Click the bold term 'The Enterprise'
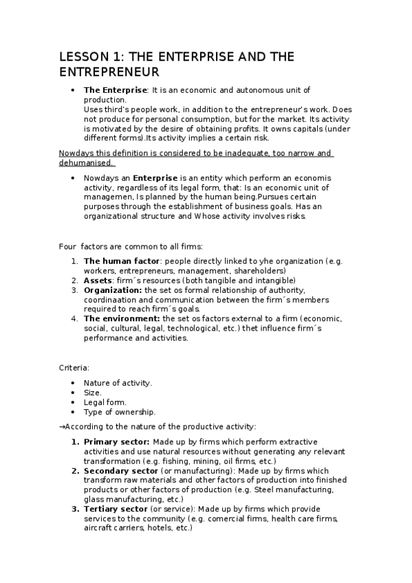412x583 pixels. tap(115, 90)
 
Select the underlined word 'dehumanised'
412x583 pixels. tap(87, 162)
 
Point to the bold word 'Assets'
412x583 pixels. tap(98, 280)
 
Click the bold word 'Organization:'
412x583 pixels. tap(113, 290)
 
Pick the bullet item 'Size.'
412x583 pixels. tap(92, 393)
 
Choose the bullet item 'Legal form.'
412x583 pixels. tap(103, 402)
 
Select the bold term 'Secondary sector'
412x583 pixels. tap(120, 470)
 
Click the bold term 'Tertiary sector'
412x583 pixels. tap(116, 509)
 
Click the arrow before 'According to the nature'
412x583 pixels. tap(62, 427)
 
